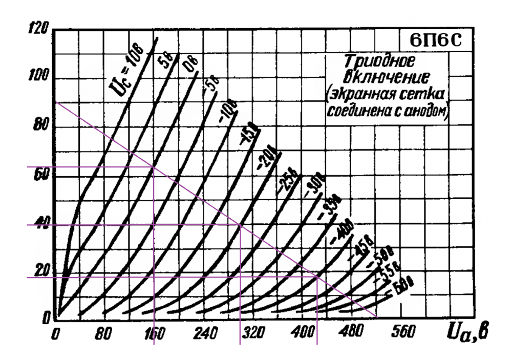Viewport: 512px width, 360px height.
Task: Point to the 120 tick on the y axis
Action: pos(39,29)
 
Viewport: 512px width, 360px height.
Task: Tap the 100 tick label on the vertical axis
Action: pos(38,78)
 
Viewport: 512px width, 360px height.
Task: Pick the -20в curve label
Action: pos(266,156)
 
